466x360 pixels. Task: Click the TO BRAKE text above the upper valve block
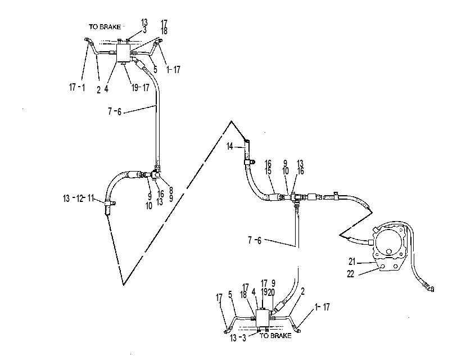[105, 27]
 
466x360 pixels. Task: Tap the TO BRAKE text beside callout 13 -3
[275, 336]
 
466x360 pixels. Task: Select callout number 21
[352, 262]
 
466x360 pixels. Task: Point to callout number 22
[351, 274]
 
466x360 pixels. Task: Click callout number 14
[230, 146]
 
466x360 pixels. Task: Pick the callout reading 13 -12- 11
[79, 199]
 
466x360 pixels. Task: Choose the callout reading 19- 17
[141, 88]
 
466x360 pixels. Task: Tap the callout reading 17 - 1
[77, 87]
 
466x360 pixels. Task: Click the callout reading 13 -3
[238, 338]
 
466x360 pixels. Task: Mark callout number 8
[171, 190]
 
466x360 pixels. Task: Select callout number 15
[268, 171]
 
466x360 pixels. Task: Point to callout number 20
[271, 292]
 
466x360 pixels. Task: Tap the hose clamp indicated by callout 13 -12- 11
[110, 203]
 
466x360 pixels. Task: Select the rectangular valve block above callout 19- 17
[123, 53]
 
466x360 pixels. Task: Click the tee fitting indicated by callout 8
[156, 174]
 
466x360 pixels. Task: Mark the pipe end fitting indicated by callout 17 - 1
[87, 40]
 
